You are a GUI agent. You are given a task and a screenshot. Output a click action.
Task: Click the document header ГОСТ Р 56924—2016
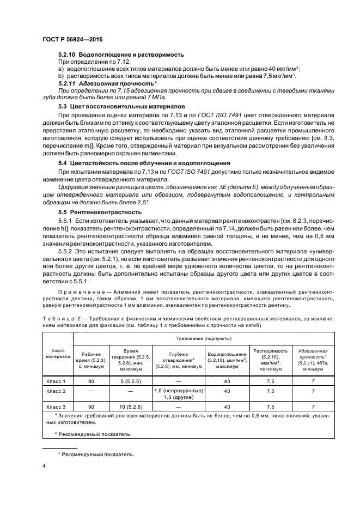[x=72, y=40]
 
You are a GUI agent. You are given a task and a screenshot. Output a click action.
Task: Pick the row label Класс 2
[x=57, y=391]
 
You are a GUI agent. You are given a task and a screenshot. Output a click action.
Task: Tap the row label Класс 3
[x=57, y=406]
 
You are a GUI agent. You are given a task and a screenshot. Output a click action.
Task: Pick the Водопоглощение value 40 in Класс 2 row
[x=227, y=391]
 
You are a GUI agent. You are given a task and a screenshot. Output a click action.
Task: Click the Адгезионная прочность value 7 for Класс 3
[x=313, y=406]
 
